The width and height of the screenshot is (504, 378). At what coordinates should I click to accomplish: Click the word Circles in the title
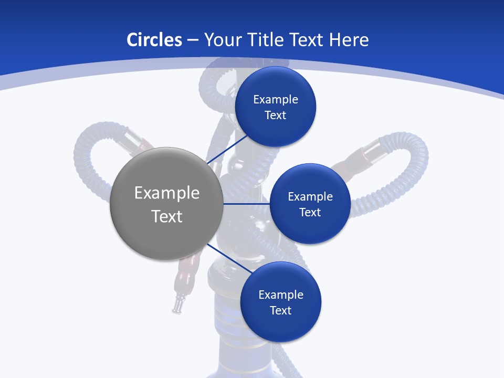[x=154, y=40]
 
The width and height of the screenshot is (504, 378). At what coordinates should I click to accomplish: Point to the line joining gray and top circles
[x=228, y=150]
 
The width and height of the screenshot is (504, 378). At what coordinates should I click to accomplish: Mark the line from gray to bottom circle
[x=228, y=258]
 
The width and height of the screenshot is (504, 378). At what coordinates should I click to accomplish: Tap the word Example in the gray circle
[x=167, y=193]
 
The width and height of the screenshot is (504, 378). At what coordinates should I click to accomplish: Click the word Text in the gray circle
[x=167, y=216]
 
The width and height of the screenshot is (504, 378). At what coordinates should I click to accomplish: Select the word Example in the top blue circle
[x=276, y=99]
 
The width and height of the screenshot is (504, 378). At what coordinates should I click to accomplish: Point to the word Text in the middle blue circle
[x=310, y=212]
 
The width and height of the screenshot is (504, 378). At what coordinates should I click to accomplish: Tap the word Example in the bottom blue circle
[x=281, y=295]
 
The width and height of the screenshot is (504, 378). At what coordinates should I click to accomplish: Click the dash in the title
[x=192, y=40]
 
